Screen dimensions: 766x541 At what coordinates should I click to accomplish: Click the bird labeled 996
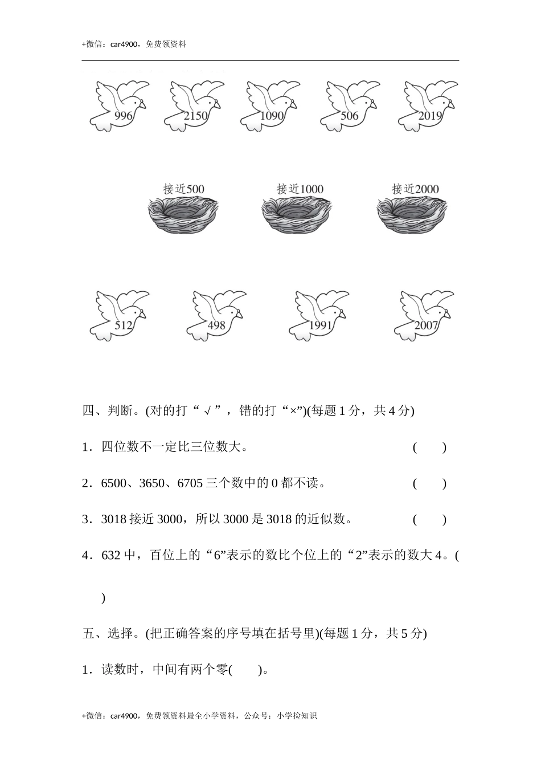pyautogui.click(x=119, y=106)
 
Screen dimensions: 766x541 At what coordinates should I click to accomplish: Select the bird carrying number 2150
pyautogui.click(x=194, y=106)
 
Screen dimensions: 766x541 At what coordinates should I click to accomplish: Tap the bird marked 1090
pyautogui.click(x=270, y=106)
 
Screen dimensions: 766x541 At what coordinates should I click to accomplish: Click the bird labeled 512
pyautogui.click(x=119, y=316)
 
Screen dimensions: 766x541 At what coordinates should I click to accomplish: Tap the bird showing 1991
pyautogui.click(x=319, y=316)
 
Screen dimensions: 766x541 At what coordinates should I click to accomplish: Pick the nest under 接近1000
pyautogui.click(x=296, y=214)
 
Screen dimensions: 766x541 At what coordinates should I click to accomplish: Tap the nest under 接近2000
pyautogui.click(x=411, y=214)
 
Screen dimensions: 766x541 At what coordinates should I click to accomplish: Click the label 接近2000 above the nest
pyautogui.click(x=415, y=189)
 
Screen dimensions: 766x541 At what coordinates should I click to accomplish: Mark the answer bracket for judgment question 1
pyautogui.click(x=429, y=447)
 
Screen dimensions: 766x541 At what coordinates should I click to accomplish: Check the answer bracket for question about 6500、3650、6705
pyautogui.click(x=429, y=484)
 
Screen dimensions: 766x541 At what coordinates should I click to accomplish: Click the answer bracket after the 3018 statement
pyautogui.click(x=429, y=519)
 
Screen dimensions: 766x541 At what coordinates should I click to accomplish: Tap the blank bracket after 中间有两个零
pyautogui.click(x=246, y=670)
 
